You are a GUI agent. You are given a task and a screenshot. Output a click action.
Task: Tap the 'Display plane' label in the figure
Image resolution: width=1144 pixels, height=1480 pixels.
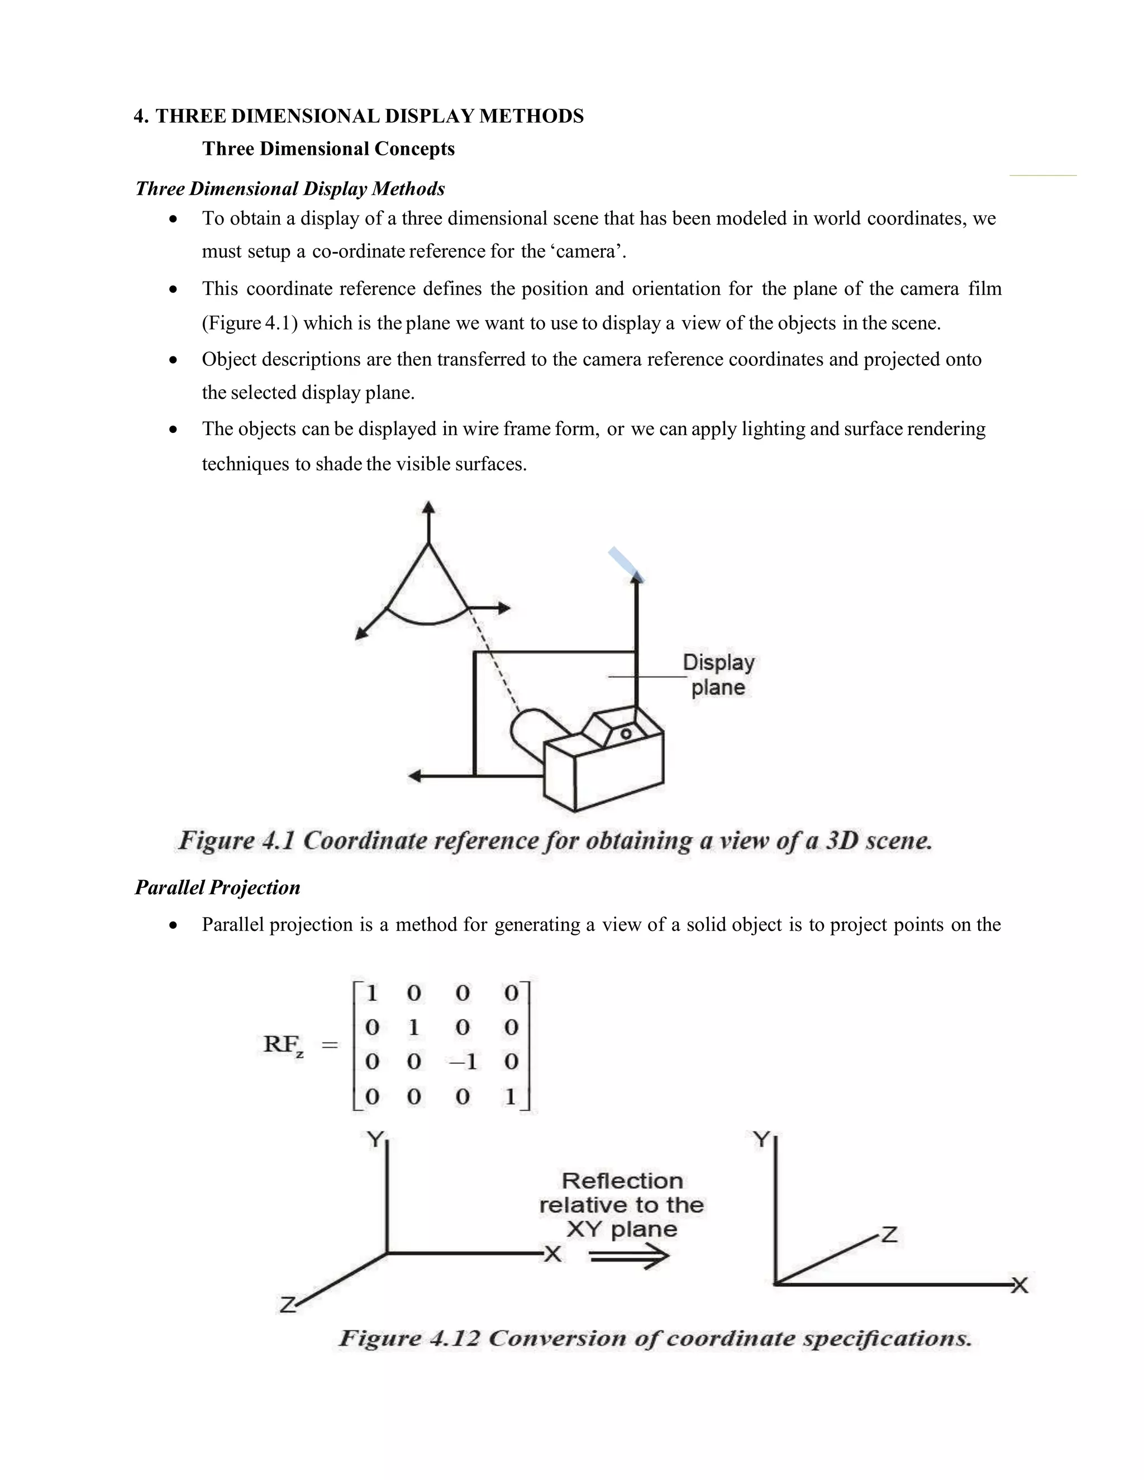[x=718, y=675]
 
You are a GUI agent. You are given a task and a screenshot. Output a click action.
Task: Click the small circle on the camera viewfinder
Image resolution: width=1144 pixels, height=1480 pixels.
[x=626, y=734]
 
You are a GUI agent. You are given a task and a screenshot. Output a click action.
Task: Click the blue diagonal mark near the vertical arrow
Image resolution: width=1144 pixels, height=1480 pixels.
[x=625, y=564]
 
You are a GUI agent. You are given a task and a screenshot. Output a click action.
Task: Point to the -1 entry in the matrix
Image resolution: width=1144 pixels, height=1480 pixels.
[x=463, y=1062]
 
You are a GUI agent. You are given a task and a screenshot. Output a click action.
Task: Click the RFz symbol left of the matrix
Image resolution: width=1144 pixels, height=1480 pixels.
[x=283, y=1044]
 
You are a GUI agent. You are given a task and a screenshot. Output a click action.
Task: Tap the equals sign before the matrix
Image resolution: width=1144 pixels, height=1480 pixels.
[x=330, y=1045]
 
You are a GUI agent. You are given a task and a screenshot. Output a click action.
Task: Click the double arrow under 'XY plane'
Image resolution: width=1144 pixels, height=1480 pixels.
[x=629, y=1258]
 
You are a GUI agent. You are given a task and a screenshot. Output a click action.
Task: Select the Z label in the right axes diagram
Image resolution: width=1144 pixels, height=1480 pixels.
[x=889, y=1234]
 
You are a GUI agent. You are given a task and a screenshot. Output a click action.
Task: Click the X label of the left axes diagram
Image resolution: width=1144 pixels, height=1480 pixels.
[x=553, y=1255]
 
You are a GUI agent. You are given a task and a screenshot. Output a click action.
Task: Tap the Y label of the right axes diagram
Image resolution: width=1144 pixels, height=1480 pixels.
[x=762, y=1140]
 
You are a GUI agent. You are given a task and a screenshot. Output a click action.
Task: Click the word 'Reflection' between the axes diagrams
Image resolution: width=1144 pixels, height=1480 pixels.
[x=622, y=1181]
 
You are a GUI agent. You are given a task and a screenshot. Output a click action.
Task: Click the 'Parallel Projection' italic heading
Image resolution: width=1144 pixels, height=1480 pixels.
[x=217, y=888]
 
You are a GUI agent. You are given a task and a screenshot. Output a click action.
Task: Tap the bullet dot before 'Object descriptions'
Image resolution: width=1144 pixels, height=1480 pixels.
[x=174, y=360]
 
